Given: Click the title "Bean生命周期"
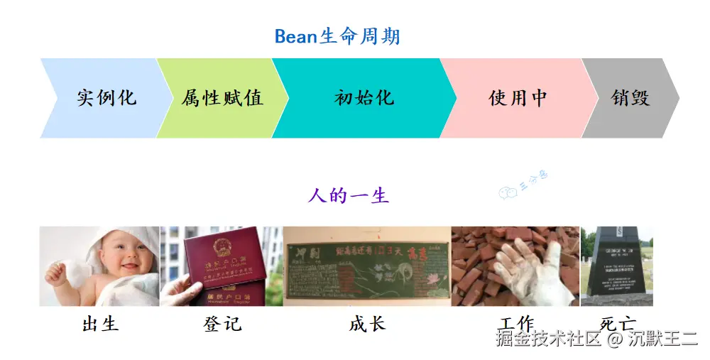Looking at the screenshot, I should tap(337, 36).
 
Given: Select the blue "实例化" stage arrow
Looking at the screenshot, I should tap(106, 98).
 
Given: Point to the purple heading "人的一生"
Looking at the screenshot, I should tap(348, 195).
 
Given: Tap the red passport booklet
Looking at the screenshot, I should tap(220, 259).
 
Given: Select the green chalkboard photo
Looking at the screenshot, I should tap(366, 266).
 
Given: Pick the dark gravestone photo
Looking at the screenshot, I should tap(616, 264).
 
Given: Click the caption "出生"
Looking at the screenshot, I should tap(100, 324).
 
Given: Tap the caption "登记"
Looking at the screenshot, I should tap(222, 324).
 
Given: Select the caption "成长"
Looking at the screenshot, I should tap(367, 324).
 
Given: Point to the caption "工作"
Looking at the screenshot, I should tap(516, 322).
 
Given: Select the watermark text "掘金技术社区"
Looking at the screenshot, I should tap(549, 339).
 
